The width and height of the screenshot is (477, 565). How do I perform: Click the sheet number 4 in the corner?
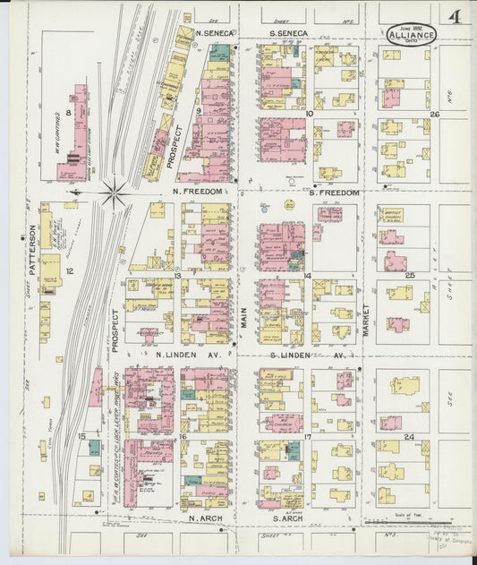click(x=456, y=18)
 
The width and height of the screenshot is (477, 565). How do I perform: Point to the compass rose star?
click(x=114, y=192)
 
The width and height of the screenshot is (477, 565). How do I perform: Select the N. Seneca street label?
click(x=208, y=33)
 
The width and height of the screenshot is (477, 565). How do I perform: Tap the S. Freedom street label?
click(x=334, y=193)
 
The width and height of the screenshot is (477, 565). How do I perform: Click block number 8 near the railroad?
click(x=68, y=113)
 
